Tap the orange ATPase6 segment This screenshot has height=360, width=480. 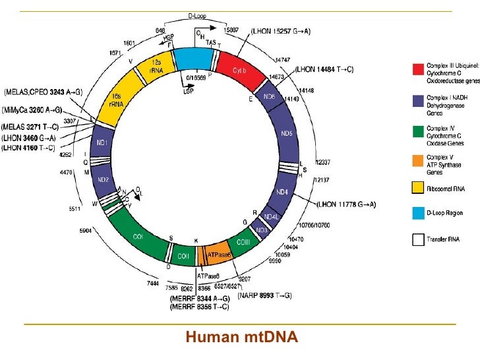pos(217,254)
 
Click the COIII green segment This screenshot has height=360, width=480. pos(248,238)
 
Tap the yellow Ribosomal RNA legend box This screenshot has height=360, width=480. pos(418,188)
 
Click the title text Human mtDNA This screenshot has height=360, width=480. pos(242,338)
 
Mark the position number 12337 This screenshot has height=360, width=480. pos(323,162)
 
